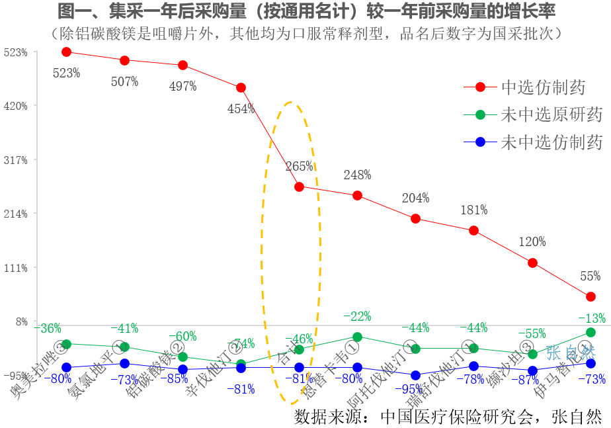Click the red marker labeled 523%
tap(66, 52)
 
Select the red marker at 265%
tap(299, 187)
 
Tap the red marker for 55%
tap(591, 296)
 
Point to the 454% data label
tap(241, 109)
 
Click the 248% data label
tap(357, 175)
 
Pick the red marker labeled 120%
tap(532, 263)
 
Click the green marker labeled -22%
tap(357, 337)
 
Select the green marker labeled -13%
tap(591, 332)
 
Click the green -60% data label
tap(183, 336)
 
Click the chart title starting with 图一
tap(306, 11)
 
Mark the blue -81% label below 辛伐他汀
tap(241, 389)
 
